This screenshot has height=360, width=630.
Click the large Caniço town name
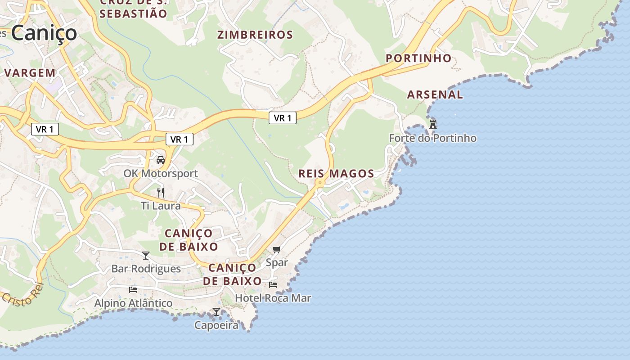point(44,33)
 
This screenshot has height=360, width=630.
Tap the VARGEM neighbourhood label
point(30,72)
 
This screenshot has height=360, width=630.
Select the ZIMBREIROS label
point(255,35)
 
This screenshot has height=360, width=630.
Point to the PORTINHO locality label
point(418,58)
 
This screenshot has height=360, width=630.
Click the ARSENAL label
point(435,94)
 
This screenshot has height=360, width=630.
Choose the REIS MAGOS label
point(336,174)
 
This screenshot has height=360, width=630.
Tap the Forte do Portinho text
point(432,138)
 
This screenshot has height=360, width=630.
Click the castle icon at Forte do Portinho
point(433,124)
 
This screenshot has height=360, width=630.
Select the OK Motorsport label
point(161,174)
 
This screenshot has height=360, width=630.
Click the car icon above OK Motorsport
point(161,160)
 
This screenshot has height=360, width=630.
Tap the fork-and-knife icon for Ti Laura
point(161,193)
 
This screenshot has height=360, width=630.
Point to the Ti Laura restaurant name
point(161,206)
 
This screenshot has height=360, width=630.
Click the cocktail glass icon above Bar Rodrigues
point(146,256)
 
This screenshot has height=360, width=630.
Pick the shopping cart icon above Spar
point(276,249)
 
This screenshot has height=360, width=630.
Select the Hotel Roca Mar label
point(273,298)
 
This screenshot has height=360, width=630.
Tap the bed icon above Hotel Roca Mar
point(273,284)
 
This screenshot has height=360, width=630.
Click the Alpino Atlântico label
point(133,303)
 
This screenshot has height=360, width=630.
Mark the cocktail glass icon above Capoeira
point(216,311)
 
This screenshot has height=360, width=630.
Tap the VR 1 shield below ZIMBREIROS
point(283,118)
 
